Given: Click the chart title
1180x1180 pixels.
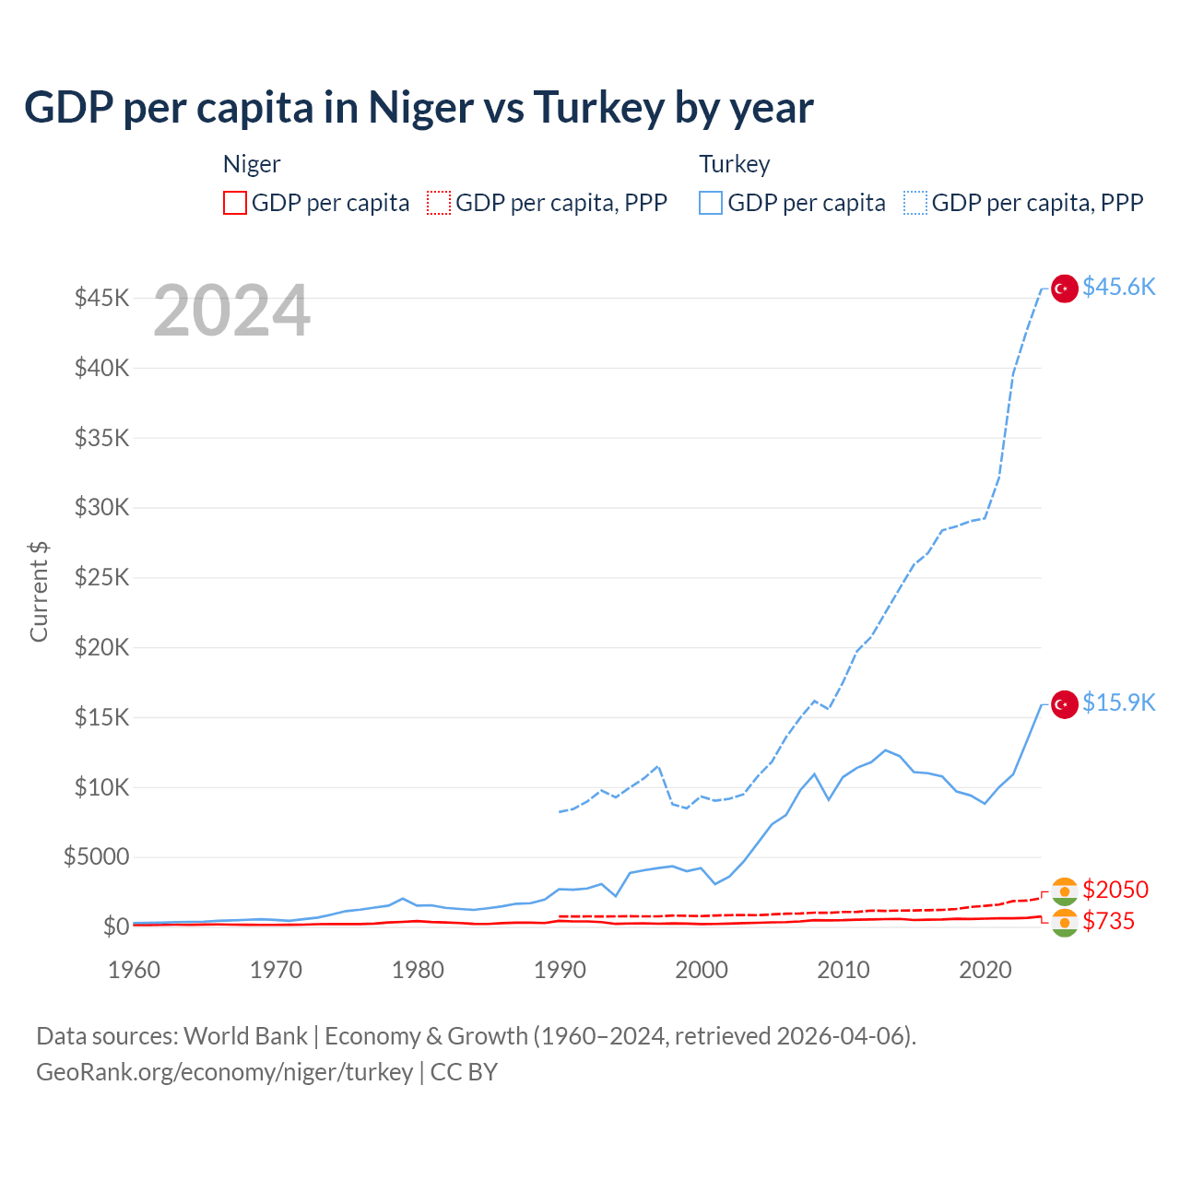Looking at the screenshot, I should click(419, 108).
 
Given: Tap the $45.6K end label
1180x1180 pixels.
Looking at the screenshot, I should click(1118, 288).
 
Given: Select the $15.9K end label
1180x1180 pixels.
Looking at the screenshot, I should click(1118, 703).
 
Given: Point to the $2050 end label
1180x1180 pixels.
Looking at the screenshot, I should click(1115, 890).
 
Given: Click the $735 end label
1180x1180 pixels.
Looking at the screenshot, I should click(1109, 921).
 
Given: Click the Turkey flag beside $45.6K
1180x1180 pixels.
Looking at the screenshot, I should click(1065, 289).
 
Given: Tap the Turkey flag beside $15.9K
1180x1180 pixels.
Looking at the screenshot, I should click(1065, 704).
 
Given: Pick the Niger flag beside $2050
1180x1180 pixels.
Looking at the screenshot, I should click(1065, 891).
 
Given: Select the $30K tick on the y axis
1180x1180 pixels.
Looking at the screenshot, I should click(102, 508).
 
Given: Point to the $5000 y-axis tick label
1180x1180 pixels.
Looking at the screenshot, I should click(97, 857).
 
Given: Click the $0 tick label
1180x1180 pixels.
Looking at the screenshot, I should click(116, 926).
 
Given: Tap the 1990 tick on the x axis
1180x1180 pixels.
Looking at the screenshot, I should click(560, 970).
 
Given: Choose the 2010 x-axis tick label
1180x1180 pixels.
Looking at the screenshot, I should click(844, 970).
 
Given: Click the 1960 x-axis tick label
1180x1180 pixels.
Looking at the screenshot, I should click(135, 970).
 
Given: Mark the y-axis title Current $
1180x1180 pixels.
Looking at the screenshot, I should click(39, 592).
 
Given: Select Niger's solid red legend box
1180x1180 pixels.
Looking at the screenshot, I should click(235, 203).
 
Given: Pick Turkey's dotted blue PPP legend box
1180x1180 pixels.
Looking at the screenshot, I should click(915, 203).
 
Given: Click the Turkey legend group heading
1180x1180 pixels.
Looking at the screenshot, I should click(735, 164).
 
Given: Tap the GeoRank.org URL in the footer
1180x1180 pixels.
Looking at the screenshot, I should click(225, 1072).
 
